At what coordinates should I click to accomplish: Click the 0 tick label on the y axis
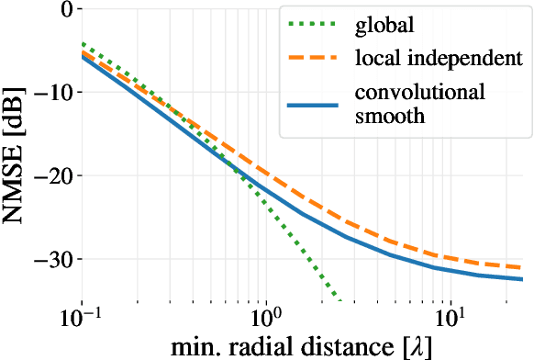tap(64, 10)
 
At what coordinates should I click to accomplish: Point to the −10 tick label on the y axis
tap(50, 93)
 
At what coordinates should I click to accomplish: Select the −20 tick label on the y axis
tap(50, 175)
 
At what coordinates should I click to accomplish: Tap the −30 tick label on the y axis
tap(50, 259)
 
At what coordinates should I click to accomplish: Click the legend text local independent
tap(432, 60)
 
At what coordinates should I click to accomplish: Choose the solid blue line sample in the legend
tap(313, 105)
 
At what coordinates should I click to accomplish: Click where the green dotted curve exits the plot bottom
tap(339, 300)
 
